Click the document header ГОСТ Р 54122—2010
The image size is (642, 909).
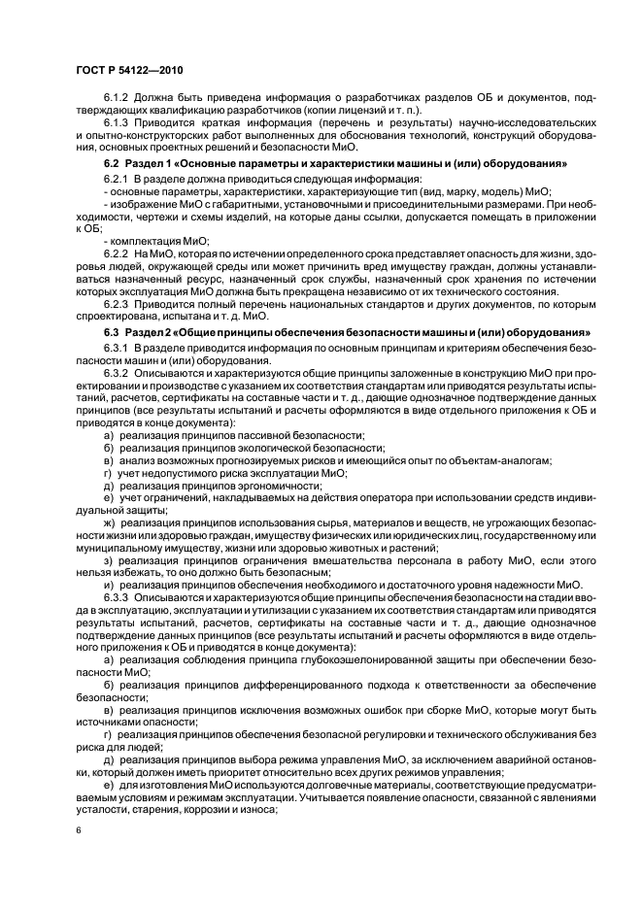click(128, 71)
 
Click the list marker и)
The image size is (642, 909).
click(109, 585)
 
